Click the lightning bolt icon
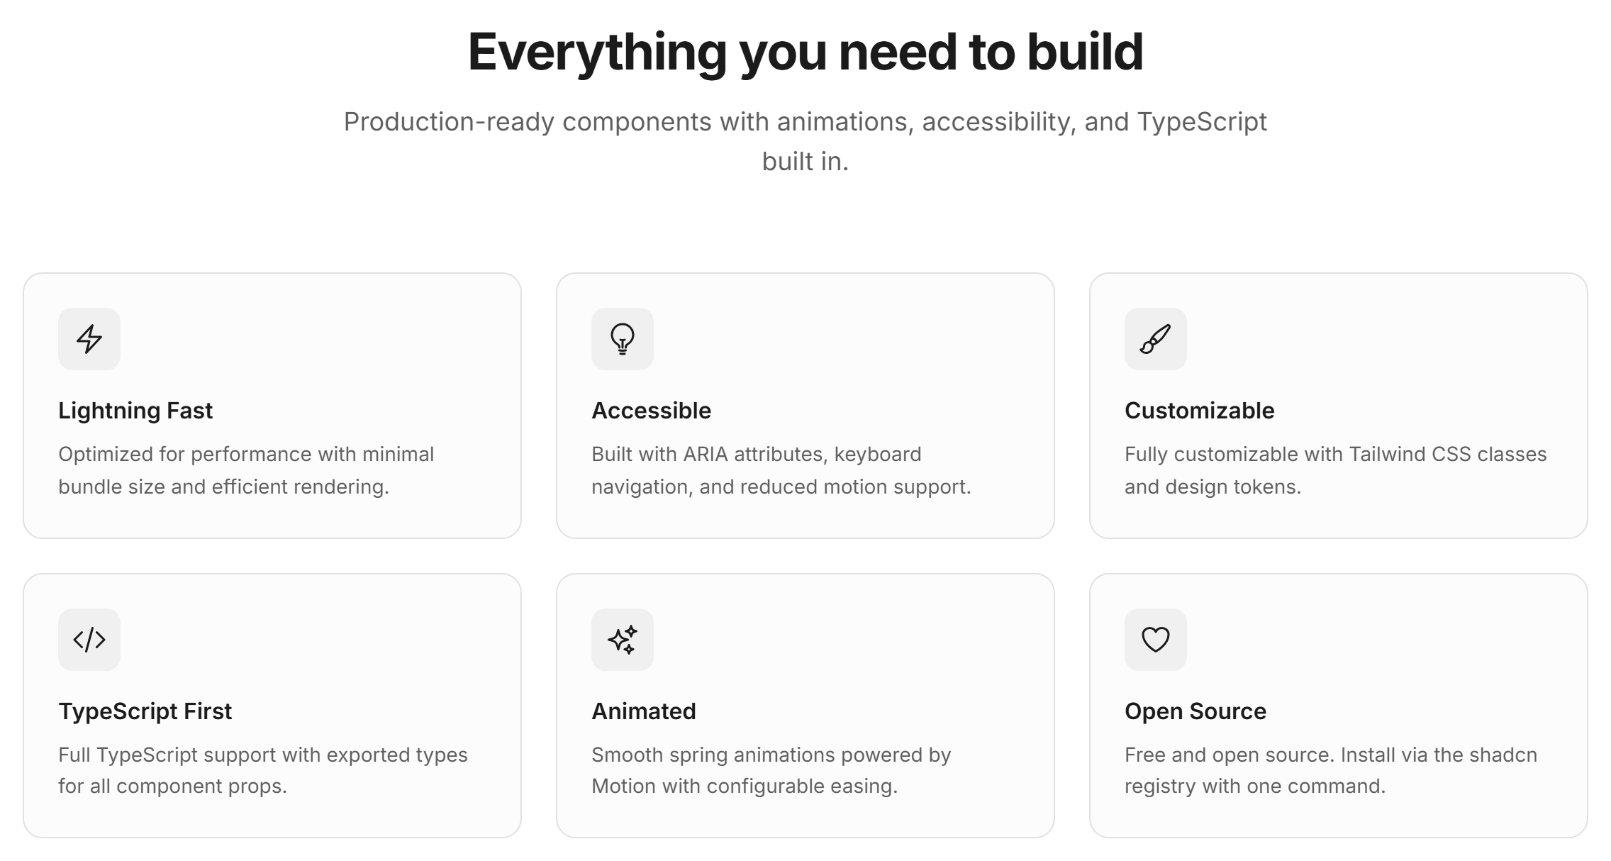coord(89,339)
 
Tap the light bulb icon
coord(623,339)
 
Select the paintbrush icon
coord(1155,339)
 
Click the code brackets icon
coord(89,640)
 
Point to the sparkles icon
coord(623,640)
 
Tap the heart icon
coord(1156,640)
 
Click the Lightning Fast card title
coord(135,411)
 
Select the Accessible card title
coord(652,411)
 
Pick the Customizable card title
coord(1200,411)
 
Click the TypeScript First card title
coord(145,711)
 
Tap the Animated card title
coord(644,711)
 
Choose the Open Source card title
coord(1195,711)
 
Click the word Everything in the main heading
coord(598,52)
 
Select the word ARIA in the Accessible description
coord(706,454)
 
